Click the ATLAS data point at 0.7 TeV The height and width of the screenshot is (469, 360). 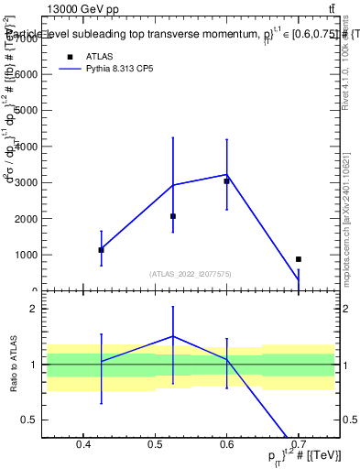point(299,259)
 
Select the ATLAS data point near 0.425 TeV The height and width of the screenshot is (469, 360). point(102,249)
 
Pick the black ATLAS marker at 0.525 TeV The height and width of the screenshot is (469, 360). point(173,216)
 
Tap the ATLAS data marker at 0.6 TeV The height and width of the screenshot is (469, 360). point(226,181)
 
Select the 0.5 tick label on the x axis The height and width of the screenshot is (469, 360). point(155,446)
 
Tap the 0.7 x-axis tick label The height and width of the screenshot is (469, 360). point(299,446)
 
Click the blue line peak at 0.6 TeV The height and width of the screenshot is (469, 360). point(226,174)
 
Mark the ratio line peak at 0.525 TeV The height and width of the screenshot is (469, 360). point(173,336)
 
